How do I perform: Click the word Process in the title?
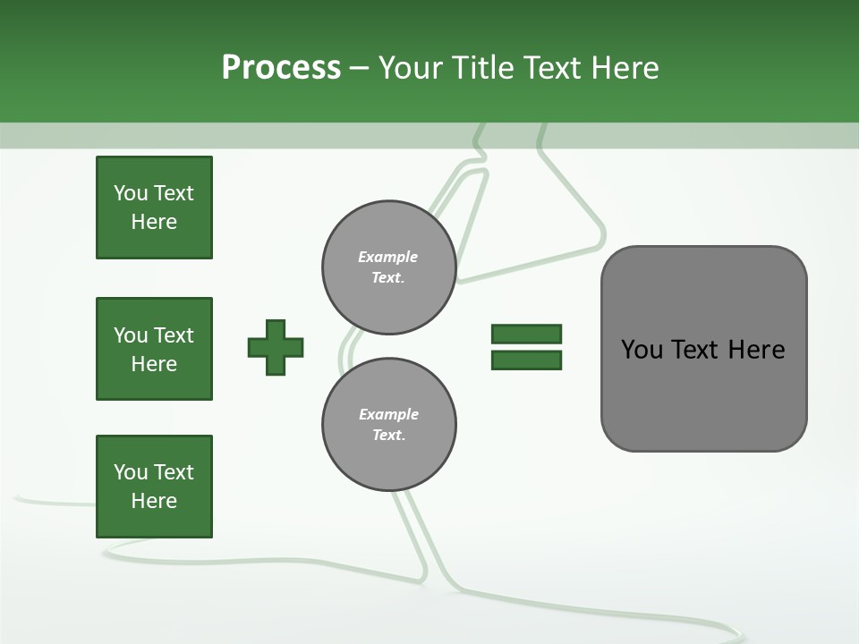click(x=281, y=67)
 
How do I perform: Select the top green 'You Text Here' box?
click(x=154, y=208)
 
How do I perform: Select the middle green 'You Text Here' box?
click(x=154, y=349)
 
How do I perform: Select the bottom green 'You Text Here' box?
click(x=154, y=487)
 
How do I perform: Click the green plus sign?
click(x=276, y=347)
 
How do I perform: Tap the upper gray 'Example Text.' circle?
click(x=388, y=267)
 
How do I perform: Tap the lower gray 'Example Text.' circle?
click(x=388, y=425)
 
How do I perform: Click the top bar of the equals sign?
click(x=526, y=335)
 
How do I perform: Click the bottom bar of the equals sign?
click(x=526, y=360)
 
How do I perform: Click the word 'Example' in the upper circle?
click(x=388, y=257)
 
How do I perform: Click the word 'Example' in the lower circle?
click(x=388, y=414)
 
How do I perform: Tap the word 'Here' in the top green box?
click(x=154, y=222)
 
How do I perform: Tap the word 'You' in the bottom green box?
click(x=131, y=472)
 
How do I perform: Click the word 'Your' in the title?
click(x=410, y=67)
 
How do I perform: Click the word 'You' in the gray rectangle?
click(x=642, y=350)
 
